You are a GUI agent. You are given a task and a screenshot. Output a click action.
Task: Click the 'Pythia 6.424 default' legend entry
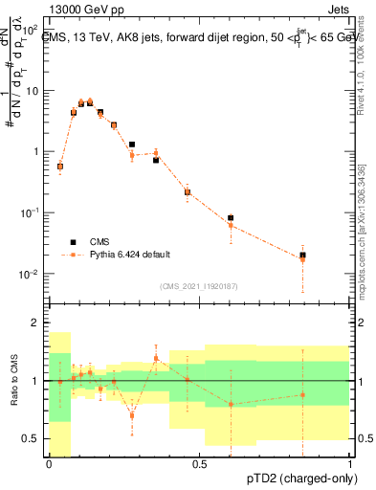click(x=130, y=255)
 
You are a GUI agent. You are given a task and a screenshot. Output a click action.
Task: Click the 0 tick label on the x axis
click(x=49, y=465)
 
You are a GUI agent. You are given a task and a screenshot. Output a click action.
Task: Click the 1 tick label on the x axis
click(x=349, y=465)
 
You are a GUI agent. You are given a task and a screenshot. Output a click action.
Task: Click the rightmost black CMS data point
click(x=302, y=256)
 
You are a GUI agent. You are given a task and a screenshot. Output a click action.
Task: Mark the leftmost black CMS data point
click(x=60, y=167)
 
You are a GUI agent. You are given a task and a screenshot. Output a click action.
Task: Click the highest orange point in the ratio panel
click(x=156, y=358)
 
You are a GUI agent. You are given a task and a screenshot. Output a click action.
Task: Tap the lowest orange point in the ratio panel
click(x=132, y=415)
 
